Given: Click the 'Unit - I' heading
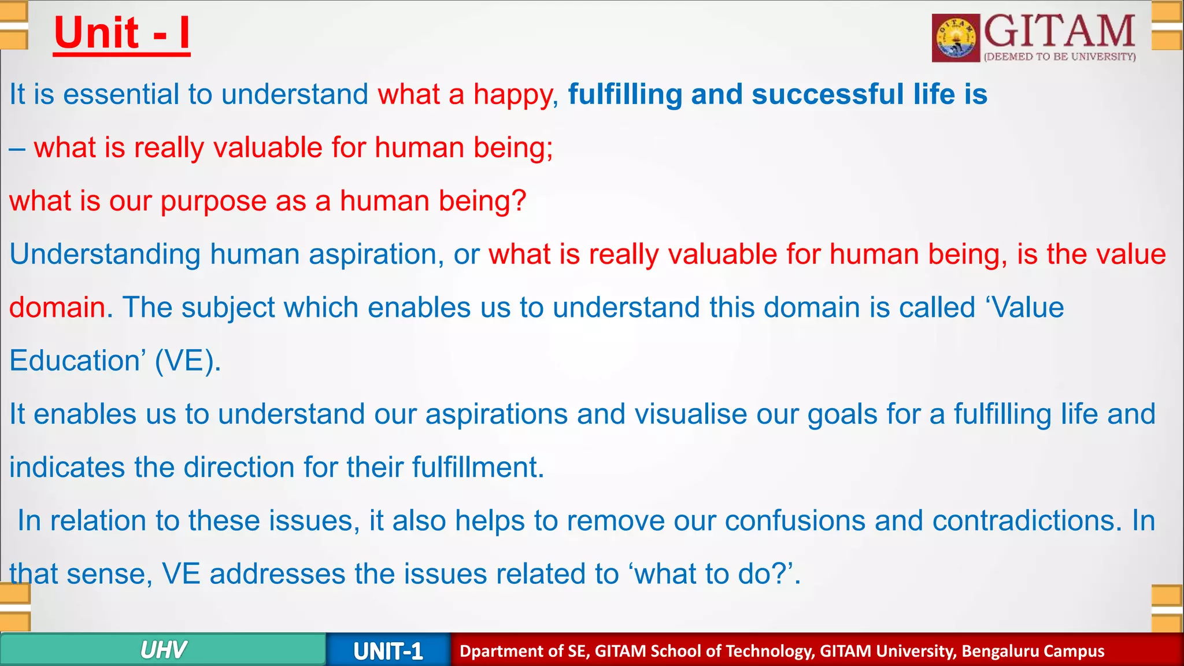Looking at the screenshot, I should pyautogui.click(x=121, y=34).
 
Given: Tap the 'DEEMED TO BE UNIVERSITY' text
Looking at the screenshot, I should pyautogui.click(x=1060, y=57).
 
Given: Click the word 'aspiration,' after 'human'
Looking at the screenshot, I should pyautogui.click(x=376, y=255).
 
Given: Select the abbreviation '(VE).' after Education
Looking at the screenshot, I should pyautogui.click(x=188, y=361).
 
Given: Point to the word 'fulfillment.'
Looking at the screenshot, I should pyautogui.click(x=478, y=467).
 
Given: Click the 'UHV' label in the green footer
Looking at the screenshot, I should pyautogui.click(x=163, y=650).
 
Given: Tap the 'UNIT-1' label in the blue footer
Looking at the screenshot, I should pyautogui.click(x=388, y=652).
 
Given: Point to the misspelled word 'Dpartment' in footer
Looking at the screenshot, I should pyautogui.click(x=496, y=652).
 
